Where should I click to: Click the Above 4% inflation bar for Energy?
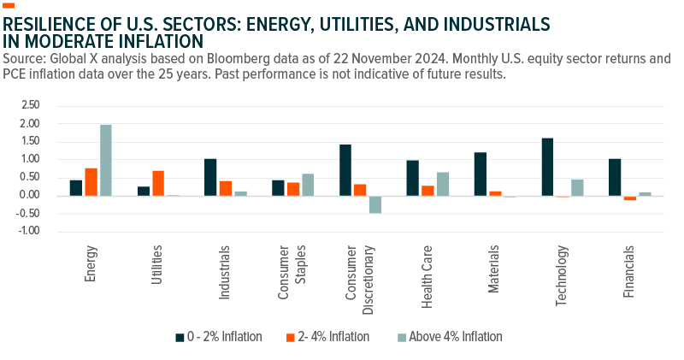click(106, 160)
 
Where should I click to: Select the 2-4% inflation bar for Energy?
click(91, 181)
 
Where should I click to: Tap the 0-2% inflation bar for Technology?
click(547, 167)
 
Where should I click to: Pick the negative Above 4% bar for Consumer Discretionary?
click(375, 204)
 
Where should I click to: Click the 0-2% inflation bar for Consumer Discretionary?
click(345, 170)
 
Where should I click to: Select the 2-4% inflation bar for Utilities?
click(158, 183)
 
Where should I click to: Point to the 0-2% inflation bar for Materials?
click(480, 174)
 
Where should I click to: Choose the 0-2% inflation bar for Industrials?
click(210, 177)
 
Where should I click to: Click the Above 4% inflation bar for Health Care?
click(443, 184)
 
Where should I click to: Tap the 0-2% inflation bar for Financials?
click(615, 177)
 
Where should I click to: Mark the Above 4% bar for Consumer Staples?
click(308, 185)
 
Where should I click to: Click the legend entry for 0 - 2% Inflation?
click(219, 337)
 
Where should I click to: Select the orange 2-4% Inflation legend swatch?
click(291, 337)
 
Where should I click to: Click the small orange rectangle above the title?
click(9, 5)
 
